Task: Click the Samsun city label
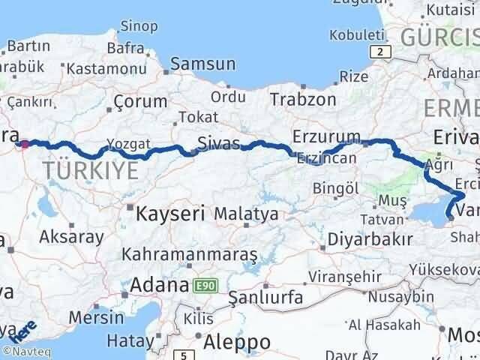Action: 203,64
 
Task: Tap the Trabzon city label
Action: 302,98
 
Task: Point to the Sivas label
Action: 218,143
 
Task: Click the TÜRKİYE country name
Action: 91,170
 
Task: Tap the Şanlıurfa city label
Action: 265,297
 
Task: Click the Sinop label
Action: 139,26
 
